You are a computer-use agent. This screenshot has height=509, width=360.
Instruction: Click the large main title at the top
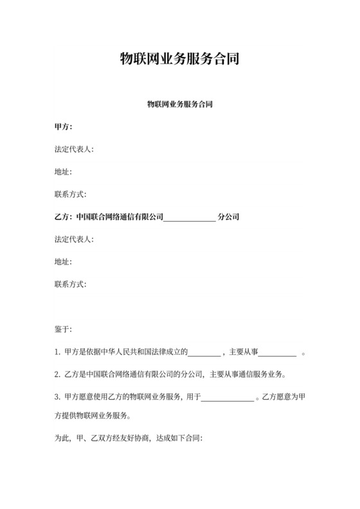(x=180, y=60)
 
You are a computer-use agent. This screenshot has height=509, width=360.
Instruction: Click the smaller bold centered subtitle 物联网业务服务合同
(x=180, y=103)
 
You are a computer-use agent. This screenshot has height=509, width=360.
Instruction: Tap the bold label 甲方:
(x=64, y=126)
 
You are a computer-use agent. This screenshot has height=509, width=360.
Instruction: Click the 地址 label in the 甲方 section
(x=64, y=172)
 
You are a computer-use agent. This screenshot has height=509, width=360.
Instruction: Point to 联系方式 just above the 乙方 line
(x=71, y=194)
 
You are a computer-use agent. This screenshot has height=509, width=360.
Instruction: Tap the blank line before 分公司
(x=190, y=217)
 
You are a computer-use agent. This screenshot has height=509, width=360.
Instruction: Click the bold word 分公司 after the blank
(x=229, y=217)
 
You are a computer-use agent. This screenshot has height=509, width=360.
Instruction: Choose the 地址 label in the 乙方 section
(x=64, y=262)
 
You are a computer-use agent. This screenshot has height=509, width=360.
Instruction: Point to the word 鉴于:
(x=64, y=330)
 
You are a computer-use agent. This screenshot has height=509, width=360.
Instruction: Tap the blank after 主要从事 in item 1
(x=277, y=352)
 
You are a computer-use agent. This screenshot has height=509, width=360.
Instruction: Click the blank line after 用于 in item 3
(x=228, y=398)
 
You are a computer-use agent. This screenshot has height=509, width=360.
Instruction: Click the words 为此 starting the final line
(x=62, y=439)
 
